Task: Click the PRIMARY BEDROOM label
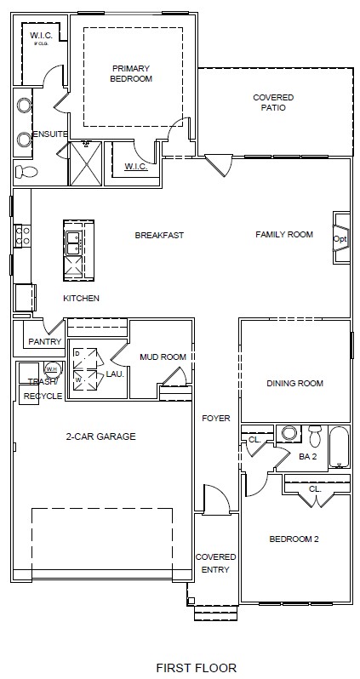point(131,72)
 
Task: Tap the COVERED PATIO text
point(273,103)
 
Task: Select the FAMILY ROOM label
point(284,235)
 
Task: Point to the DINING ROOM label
point(294,384)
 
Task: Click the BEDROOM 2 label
point(294,539)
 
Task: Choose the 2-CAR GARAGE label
point(100,436)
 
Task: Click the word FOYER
point(216,419)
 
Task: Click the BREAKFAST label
point(159,235)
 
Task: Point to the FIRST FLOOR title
point(197,668)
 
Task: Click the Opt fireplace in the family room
point(340,239)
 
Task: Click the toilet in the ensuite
point(28,172)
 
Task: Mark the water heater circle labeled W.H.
point(51,369)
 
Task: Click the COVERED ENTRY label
point(215,563)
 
